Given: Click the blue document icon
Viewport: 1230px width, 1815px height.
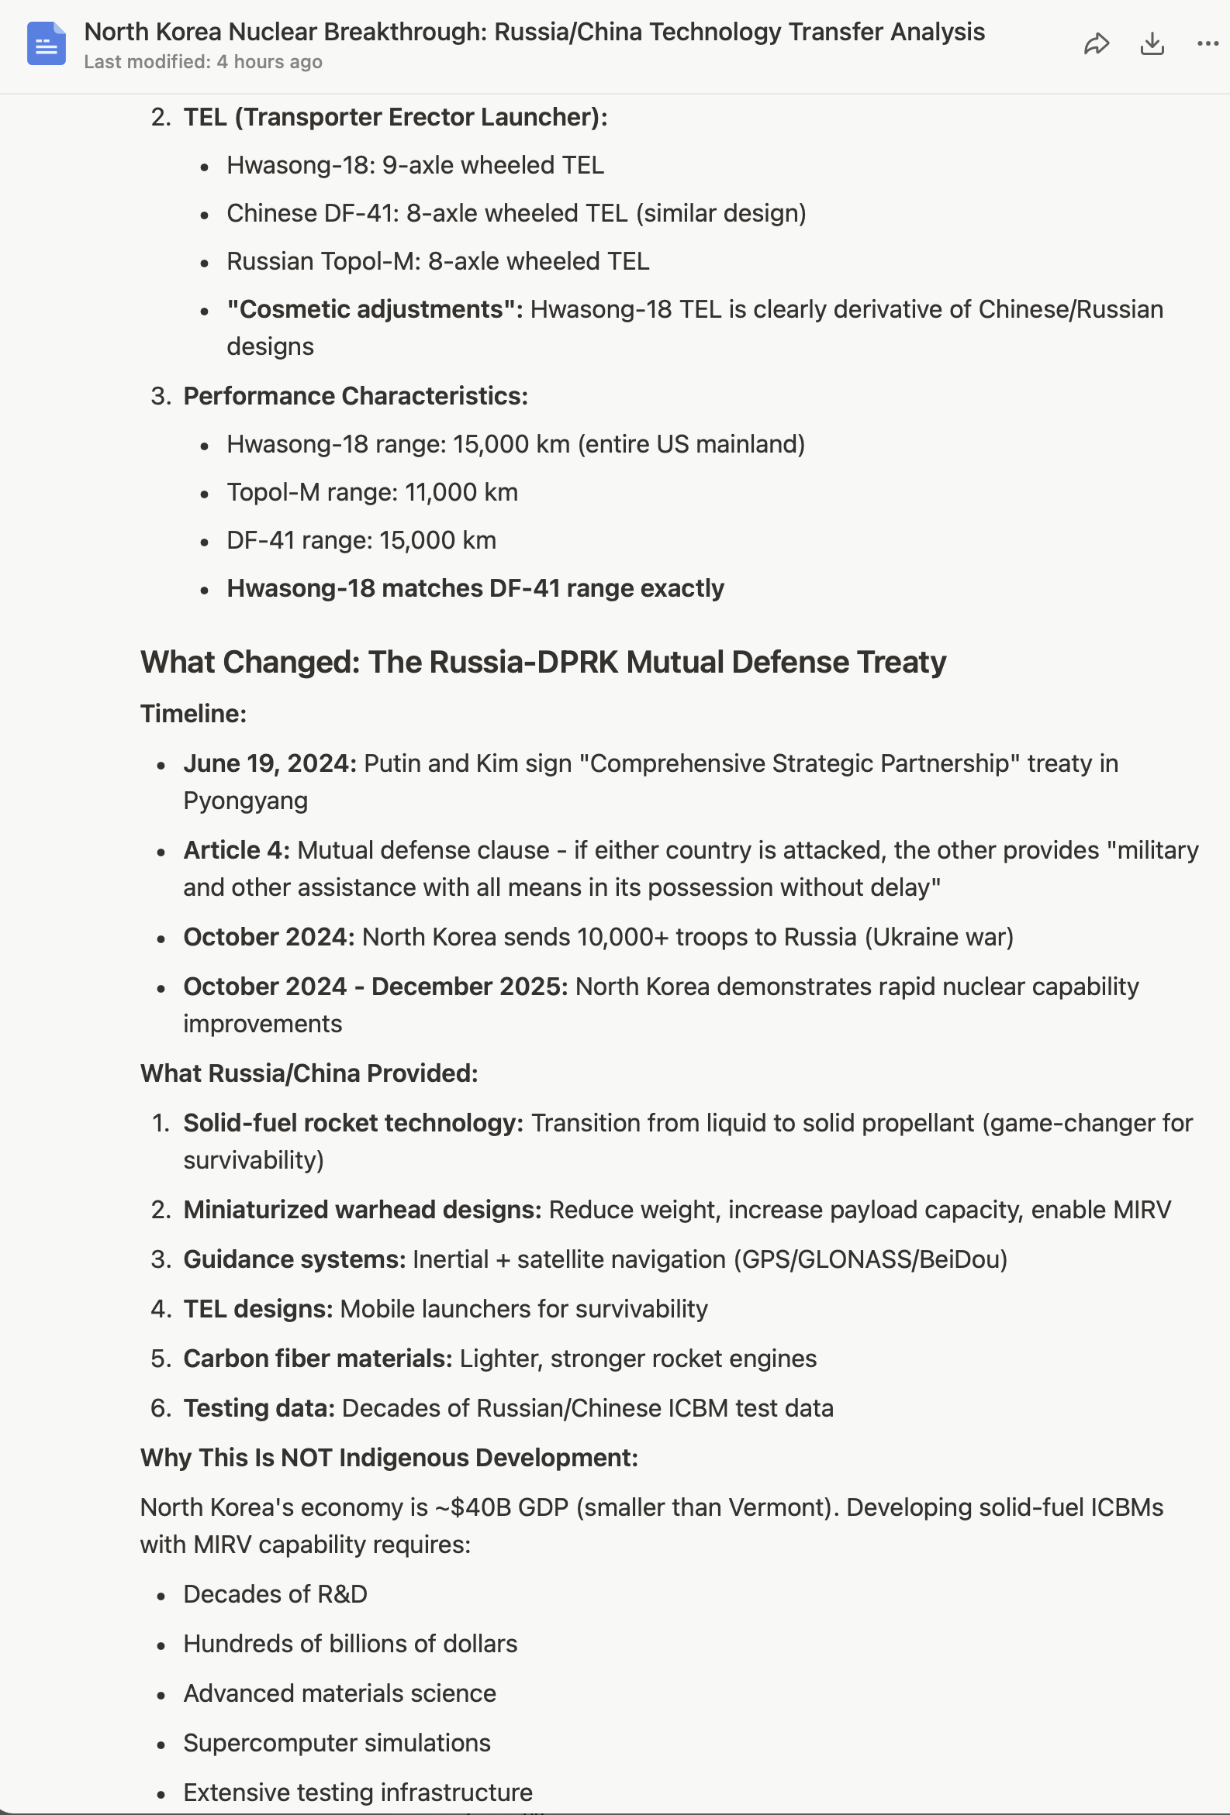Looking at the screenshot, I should [46, 43].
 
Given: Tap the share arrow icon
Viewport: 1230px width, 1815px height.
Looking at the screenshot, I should [1097, 43].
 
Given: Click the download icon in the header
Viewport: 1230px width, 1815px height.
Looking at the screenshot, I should [1152, 43].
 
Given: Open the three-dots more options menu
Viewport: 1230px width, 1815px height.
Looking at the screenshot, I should [1208, 43].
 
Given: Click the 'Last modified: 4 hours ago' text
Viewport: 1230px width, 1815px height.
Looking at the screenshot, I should [203, 62].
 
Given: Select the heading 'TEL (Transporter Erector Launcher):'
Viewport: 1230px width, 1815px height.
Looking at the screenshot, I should [395, 117].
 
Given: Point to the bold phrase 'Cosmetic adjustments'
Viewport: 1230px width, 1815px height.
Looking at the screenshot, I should [374, 309].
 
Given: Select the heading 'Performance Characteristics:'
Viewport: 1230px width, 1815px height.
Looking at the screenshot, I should [355, 396].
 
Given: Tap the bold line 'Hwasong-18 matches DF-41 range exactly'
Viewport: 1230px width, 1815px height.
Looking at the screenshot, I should [475, 588].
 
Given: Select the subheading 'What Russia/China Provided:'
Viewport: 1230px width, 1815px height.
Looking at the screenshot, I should [309, 1073].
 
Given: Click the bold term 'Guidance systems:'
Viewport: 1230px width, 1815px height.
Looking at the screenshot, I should [294, 1259].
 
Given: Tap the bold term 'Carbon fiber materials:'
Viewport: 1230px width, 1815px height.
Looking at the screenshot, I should [317, 1358].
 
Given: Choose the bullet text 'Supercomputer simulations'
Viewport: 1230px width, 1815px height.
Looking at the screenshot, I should [337, 1742].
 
